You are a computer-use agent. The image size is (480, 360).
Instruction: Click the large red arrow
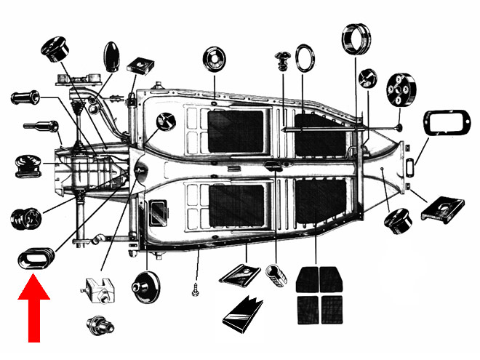33,309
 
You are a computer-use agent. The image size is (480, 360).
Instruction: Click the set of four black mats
319,295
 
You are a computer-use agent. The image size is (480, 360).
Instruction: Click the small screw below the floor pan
195,288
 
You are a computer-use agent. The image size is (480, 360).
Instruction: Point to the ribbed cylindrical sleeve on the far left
28,97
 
